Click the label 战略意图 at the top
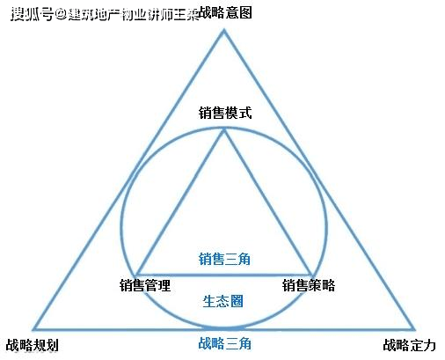coord(225,13)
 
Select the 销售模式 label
coord(225,113)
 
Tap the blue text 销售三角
coord(224,259)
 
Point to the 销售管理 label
coord(145,285)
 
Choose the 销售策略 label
coord(309,285)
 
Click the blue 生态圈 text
coord(222,301)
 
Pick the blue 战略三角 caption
coord(224,343)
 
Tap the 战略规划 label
coord(33,345)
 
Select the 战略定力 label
coord(410,345)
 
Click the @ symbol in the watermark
coord(61,14)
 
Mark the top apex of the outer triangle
coord(224,30)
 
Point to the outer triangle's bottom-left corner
coord(34,329)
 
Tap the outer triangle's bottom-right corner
coord(414,329)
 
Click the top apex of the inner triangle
coord(224,129)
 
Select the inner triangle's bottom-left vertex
coord(136,275)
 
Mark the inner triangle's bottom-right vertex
coord(311,275)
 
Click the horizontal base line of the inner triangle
coord(224,275)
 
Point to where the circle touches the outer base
coord(224,328)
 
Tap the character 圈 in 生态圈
coord(237,301)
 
